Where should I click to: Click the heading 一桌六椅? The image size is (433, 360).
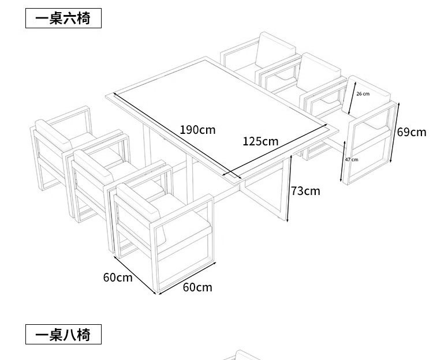(63, 18)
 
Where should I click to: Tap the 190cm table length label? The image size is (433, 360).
(197, 129)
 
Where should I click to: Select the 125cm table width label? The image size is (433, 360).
(260, 141)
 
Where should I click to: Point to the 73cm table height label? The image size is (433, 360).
(305, 191)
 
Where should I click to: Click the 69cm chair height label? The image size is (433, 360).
(411, 132)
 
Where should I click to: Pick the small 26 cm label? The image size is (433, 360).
(363, 93)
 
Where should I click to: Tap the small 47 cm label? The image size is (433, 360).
(352, 159)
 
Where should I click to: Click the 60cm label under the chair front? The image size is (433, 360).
(197, 287)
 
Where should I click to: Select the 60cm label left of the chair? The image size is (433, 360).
(118, 277)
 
